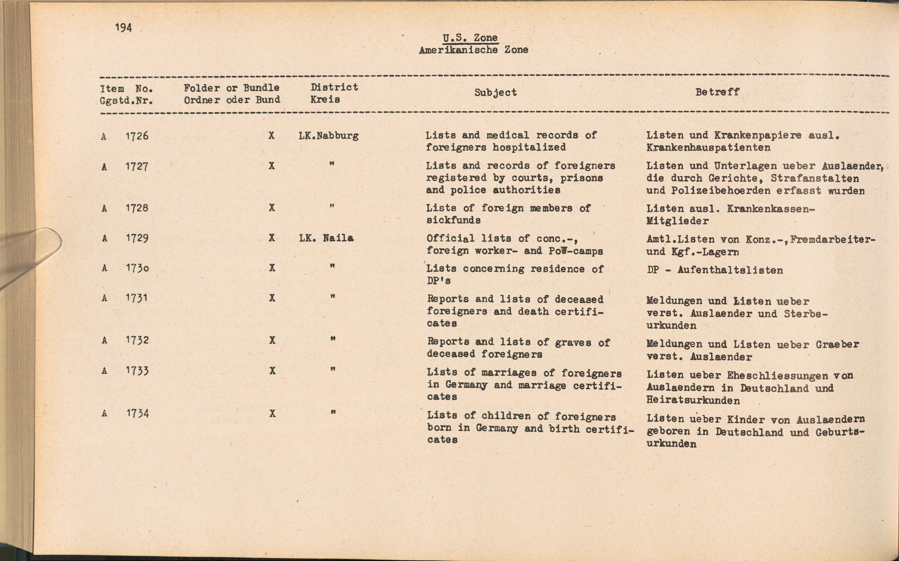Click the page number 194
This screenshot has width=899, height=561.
pyautogui.click(x=123, y=28)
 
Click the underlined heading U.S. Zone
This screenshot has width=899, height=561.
pyautogui.click(x=470, y=38)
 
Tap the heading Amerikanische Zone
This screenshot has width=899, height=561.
pyautogui.click(x=473, y=50)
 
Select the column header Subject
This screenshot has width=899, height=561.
pyautogui.click(x=495, y=93)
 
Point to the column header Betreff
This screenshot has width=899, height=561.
pyautogui.click(x=717, y=92)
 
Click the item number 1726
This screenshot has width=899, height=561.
pyautogui.click(x=137, y=136)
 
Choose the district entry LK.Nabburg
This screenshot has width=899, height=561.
pyautogui.click(x=329, y=136)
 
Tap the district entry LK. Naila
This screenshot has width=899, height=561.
pyautogui.click(x=326, y=238)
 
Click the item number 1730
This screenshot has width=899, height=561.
pyautogui.click(x=137, y=268)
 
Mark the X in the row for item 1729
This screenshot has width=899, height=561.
pyautogui.click(x=271, y=238)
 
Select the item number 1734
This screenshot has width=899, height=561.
pyautogui.click(x=137, y=414)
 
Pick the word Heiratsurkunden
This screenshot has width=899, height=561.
pyautogui.click(x=693, y=400)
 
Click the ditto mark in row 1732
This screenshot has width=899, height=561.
pyautogui.click(x=333, y=339)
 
